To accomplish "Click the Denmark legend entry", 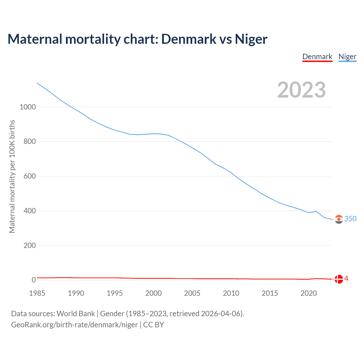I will click(317, 57).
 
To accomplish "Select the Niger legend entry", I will click(347, 57).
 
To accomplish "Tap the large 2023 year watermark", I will click(301, 90).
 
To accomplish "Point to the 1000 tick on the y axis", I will click(28, 107).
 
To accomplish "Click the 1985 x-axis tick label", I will click(37, 293).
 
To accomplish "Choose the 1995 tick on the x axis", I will click(115, 293).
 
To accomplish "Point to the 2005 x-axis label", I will click(192, 293).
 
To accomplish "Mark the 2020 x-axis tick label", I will click(309, 293).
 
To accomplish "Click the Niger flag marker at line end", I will click(339, 219).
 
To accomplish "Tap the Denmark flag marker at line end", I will click(339, 279).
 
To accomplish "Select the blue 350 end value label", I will click(350, 219).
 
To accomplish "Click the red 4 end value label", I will click(346, 279).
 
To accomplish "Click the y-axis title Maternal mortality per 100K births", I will click(12, 176).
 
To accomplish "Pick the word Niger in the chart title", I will click(251, 39).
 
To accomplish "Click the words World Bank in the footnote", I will click(76, 314).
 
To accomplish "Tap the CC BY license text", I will click(154, 325).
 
